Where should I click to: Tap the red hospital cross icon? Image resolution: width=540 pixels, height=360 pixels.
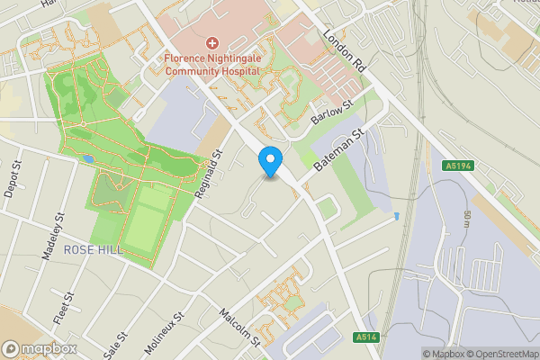[212, 43]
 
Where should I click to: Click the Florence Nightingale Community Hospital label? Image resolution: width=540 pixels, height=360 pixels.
[213, 66]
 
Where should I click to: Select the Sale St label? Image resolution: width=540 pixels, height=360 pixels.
[112, 343]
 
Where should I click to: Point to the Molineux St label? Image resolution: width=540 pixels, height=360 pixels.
[163, 332]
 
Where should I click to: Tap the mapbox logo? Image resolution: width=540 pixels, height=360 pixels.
[39, 348]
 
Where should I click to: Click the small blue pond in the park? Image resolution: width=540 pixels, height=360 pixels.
[87, 159]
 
